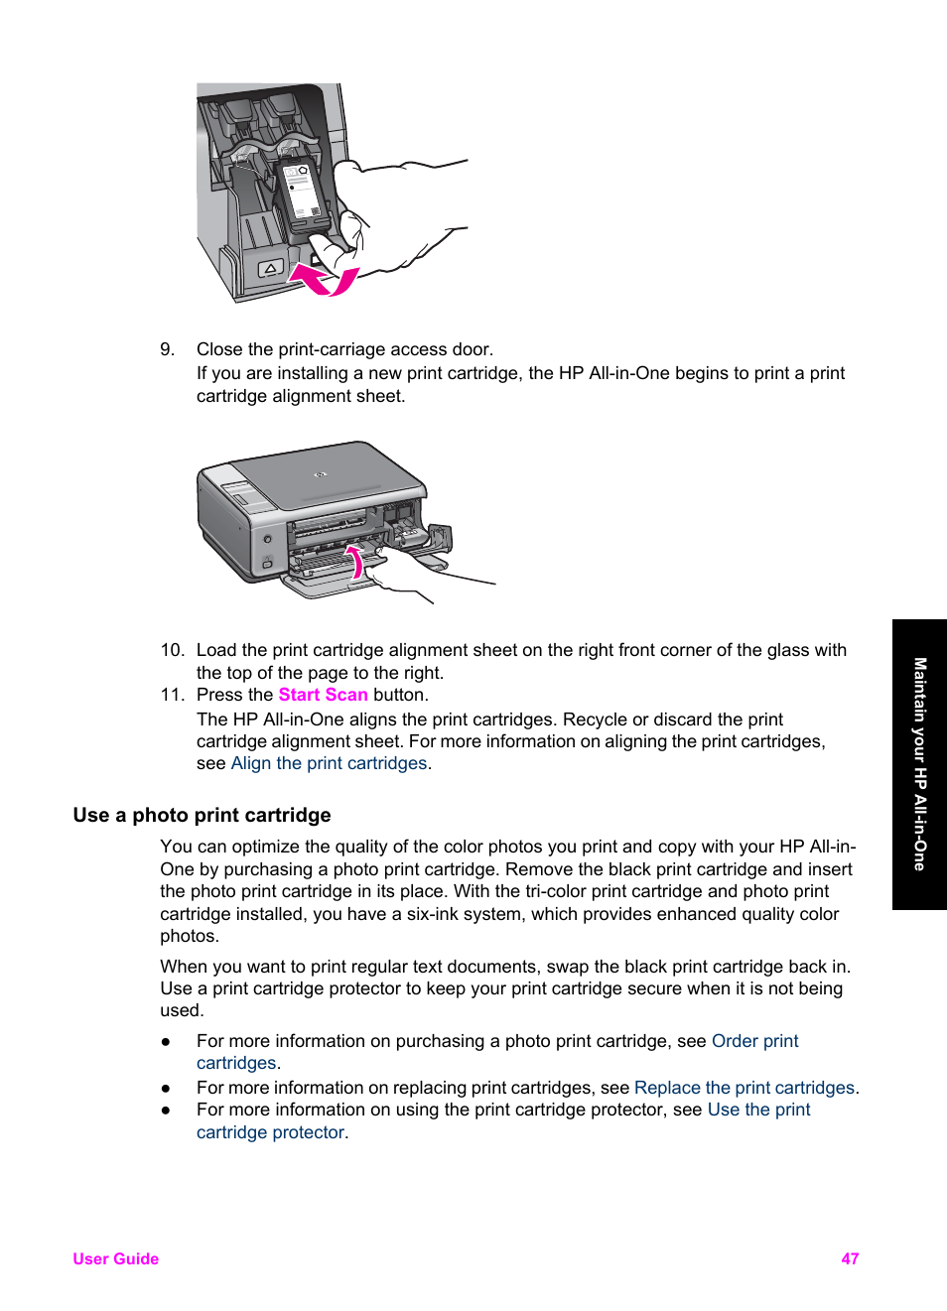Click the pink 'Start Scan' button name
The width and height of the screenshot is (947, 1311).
pyautogui.click(x=323, y=695)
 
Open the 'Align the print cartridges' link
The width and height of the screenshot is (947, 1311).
pyautogui.click(x=329, y=763)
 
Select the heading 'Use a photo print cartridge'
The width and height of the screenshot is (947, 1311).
pyautogui.click(x=202, y=815)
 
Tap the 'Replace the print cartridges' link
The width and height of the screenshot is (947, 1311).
pyautogui.click(x=744, y=1088)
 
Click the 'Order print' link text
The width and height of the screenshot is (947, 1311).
pyautogui.click(x=754, y=1041)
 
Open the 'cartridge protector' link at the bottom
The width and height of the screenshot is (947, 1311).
pyautogui.click(x=270, y=1132)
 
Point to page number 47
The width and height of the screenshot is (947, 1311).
pyautogui.click(x=850, y=1258)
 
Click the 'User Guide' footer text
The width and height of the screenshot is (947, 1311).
pyautogui.click(x=115, y=1258)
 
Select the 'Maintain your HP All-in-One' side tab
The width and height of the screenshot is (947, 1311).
pyautogui.click(x=919, y=764)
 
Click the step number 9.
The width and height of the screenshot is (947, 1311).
pyautogui.click(x=167, y=349)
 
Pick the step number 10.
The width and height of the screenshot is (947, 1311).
pyautogui.click(x=172, y=650)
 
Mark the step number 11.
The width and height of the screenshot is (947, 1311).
pyautogui.click(x=172, y=695)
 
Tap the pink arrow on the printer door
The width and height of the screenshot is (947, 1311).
pyautogui.click(x=353, y=561)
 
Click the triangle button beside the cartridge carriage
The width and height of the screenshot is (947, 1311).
pyautogui.click(x=270, y=269)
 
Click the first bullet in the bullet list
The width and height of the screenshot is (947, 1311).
pyautogui.click(x=166, y=1041)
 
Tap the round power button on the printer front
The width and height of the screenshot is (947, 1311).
pyautogui.click(x=268, y=539)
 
